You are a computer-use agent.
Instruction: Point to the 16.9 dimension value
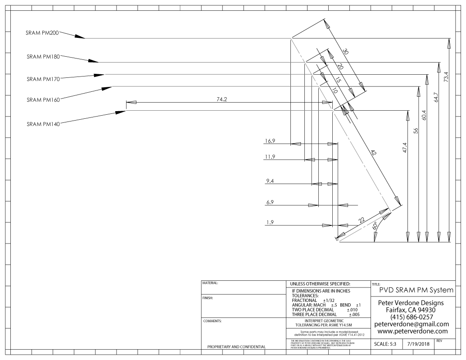271,141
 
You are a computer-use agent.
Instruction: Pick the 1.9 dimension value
271,222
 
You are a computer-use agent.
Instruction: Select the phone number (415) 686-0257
412,317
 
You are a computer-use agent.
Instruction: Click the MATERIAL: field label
210,283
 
